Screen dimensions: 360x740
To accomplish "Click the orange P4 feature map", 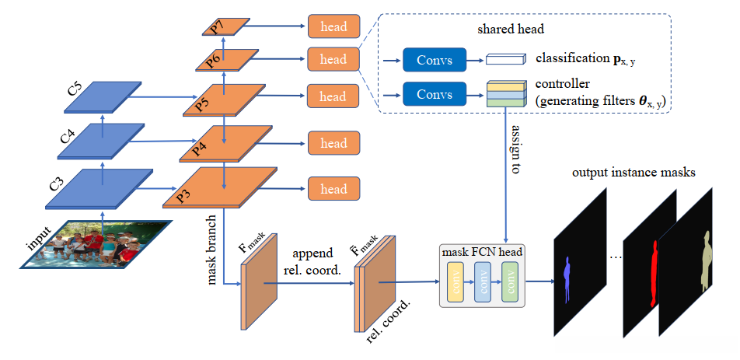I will pyautogui.click(x=225, y=144).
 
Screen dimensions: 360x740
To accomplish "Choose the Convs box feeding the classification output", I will pyautogui.click(x=434, y=59).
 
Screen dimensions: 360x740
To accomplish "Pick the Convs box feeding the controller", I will pyautogui.click(x=434, y=93).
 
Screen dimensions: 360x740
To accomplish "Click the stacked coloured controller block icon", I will pyautogui.click(x=503, y=93).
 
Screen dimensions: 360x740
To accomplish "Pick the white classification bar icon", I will pyautogui.click(x=505, y=59).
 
